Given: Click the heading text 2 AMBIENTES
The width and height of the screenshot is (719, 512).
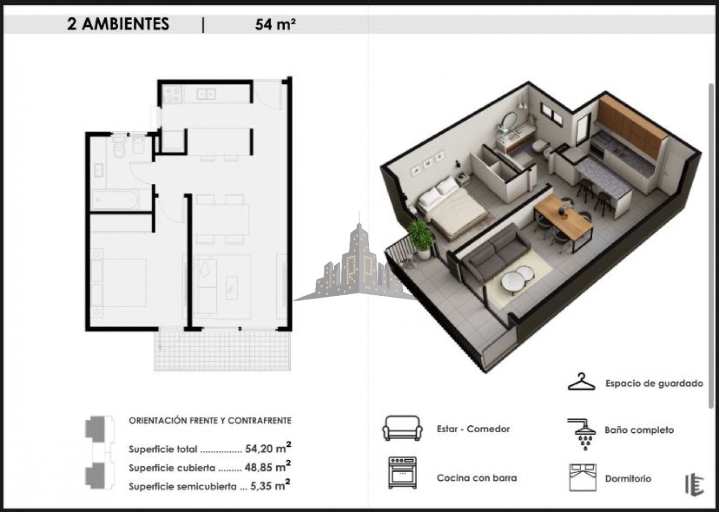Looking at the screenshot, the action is coord(118,24).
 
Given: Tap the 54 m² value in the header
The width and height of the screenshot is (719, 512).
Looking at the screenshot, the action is coord(276,24).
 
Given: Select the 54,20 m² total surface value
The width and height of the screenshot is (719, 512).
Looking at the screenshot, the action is coord(268,448).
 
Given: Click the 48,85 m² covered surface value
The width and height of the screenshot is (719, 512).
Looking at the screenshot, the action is coord(268,467).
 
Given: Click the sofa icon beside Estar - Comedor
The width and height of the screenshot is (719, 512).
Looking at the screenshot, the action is coord(402,428).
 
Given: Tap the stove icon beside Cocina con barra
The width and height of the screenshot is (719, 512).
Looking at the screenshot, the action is coord(402,473).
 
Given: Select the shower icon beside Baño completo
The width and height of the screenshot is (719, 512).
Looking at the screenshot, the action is coord(582,434).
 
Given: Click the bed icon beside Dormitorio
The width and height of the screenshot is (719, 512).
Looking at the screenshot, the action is coord(583,478).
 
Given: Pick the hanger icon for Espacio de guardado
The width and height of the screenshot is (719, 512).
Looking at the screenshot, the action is coord(581,382).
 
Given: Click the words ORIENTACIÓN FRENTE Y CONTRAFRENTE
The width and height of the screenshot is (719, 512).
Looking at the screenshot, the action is coord(210,420).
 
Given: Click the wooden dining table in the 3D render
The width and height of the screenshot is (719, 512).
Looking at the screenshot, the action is coord(563,218).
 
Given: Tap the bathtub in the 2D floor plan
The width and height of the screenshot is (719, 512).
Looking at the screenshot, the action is coord(115,199).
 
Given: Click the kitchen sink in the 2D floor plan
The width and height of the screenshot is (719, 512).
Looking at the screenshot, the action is coord(206,94).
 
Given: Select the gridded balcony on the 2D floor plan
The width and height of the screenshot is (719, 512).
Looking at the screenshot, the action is coord(222,351).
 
